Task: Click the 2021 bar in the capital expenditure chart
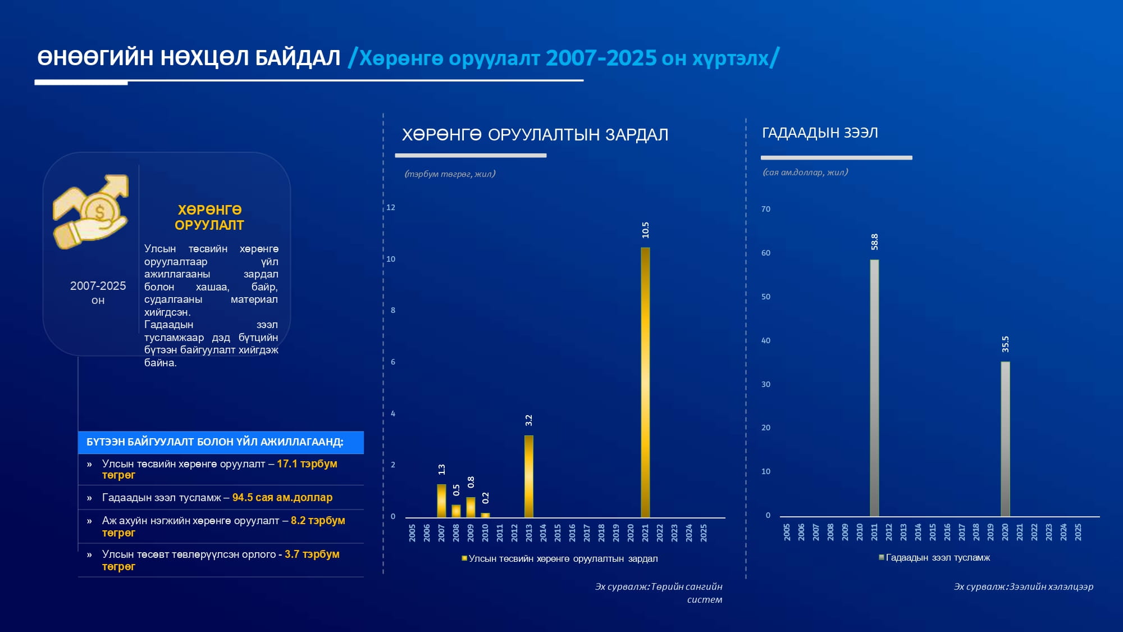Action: (x=645, y=382)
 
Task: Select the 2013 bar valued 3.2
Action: (x=528, y=476)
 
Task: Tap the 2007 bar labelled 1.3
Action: (x=441, y=501)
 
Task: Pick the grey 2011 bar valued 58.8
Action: (x=874, y=388)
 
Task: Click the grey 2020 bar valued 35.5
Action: (x=1005, y=439)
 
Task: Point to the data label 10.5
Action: (x=646, y=230)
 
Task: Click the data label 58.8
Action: (x=874, y=242)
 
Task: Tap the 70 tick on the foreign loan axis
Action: (x=766, y=209)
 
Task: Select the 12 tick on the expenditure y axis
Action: (x=391, y=207)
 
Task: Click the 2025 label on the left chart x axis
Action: (x=704, y=533)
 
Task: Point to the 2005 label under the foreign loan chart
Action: (x=787, y=532)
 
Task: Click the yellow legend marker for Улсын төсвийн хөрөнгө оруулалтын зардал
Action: (x=464, y=558)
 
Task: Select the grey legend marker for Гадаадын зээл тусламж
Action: (x=882, y=557)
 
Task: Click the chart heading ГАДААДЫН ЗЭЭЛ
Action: (x=820, y=133)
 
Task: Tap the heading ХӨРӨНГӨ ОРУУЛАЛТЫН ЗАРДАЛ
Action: (x=535, y=135)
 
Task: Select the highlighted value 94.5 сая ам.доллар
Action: (x=282, y=498)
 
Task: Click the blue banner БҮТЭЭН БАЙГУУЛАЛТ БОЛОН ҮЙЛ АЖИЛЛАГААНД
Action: (x=221, y=442)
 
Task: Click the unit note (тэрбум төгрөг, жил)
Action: (x=450, y=174)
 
